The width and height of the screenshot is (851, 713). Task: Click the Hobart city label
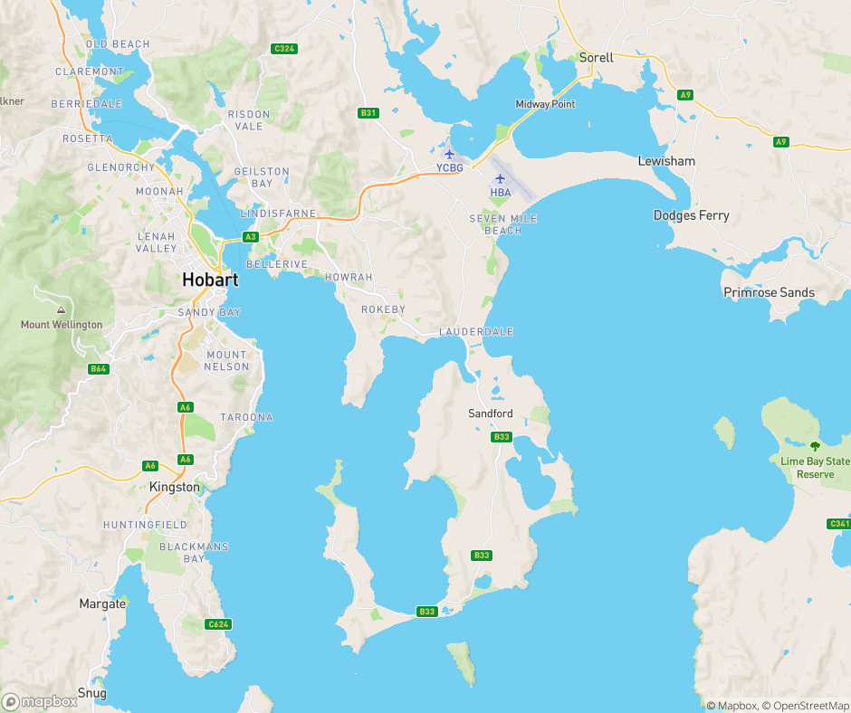[x=210, y=280]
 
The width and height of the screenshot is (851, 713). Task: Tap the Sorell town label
[x=596, y=58]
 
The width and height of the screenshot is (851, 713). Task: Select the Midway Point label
[x=545, y=104]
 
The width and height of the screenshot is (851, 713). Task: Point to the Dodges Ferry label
[x=691, y=215]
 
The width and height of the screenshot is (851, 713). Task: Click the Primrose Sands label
[x=769, y=292]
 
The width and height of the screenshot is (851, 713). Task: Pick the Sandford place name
[x=490, y=414]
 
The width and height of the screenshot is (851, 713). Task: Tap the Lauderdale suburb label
[x=475, y=332]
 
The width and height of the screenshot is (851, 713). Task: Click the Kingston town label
[x=175, y=487]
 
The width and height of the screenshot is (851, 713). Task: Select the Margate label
[x=102, y=604]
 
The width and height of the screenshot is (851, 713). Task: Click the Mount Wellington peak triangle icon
[x=61, y=309]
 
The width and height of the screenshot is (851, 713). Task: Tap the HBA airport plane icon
[x=500, y=178]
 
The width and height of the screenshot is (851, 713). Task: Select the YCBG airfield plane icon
[x=449, y=154]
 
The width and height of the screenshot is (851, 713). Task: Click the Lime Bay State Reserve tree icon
[x=814, y=445]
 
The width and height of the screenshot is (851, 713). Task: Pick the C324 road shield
[x=284, y=48]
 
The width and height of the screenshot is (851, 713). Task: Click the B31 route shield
[x=368, y=113]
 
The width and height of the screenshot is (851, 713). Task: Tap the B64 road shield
[x=99, y=369]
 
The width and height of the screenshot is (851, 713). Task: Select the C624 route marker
[x=218, y=624]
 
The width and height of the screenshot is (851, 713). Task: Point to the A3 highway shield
[x=251, y=237]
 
